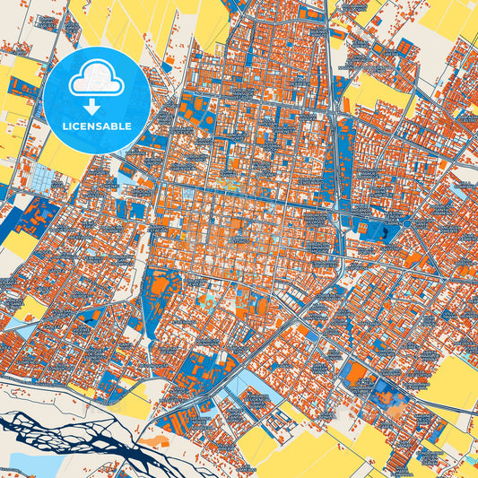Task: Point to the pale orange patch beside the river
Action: pyautogui.click(x=158, y=441)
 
